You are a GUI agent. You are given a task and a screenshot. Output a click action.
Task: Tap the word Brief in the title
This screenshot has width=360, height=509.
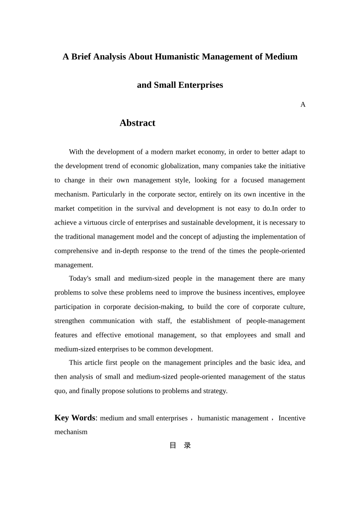81,57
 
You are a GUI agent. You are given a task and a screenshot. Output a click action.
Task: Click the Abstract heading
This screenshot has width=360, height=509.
137,123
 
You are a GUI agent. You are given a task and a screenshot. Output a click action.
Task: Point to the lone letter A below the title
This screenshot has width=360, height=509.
303,105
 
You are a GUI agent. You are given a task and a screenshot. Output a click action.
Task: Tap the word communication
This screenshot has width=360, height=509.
112,321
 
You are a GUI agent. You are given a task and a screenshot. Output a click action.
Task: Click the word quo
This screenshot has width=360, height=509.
60,391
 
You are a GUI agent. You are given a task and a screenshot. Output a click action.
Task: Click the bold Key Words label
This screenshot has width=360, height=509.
75,418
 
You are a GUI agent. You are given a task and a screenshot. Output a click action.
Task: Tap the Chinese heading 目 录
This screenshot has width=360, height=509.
180,445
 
